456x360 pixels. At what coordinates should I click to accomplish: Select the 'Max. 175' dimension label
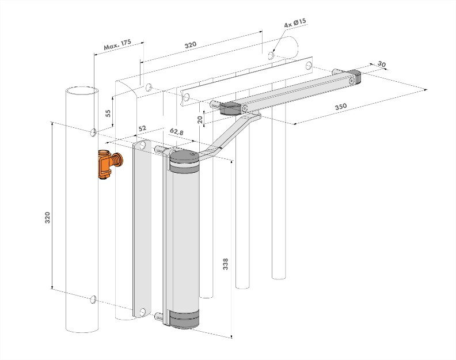[x=118, y=45]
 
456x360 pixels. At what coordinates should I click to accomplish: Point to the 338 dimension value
[x=225, y=264]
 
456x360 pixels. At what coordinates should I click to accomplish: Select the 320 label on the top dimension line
[x=191, y=44]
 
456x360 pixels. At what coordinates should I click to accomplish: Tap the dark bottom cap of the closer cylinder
[x=184, y=320]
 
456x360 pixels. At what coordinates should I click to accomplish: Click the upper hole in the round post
[x=93, y=133]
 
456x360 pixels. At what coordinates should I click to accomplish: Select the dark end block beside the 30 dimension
[x=355, y=78]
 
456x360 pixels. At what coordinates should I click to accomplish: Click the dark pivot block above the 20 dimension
[x=232, y=108]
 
